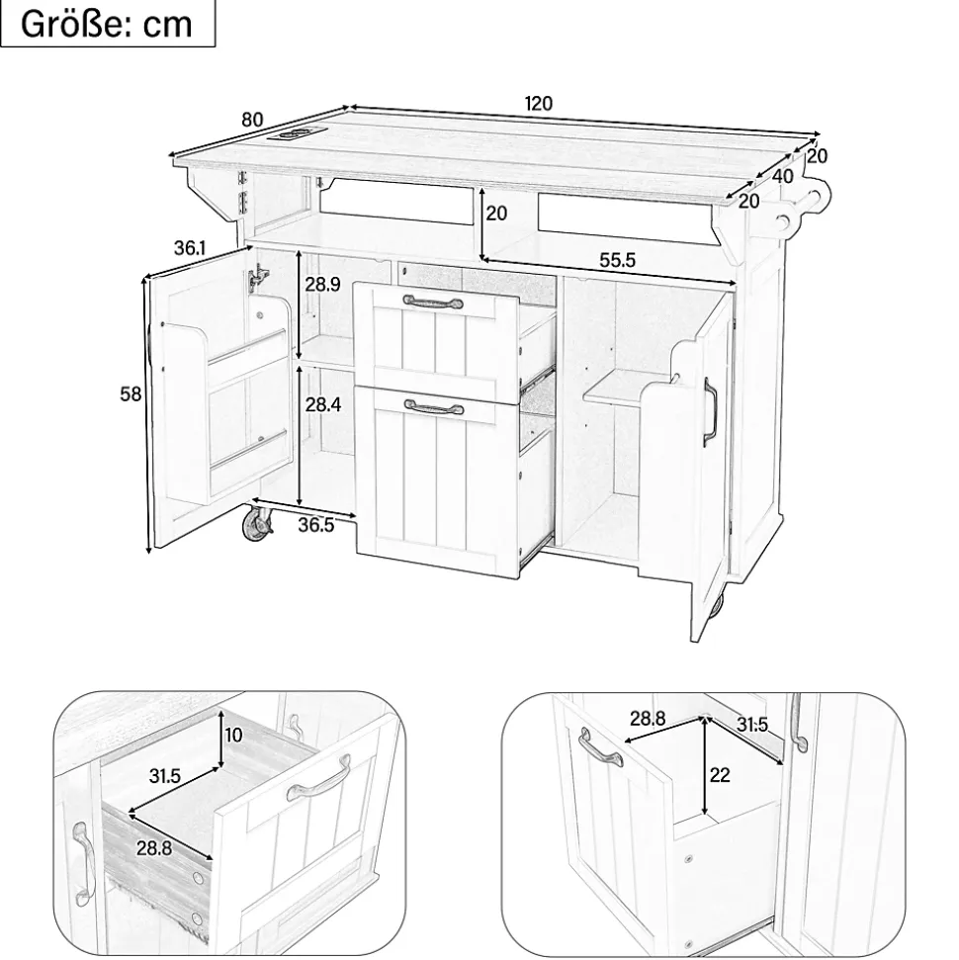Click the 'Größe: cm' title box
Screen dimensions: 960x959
coord(107,24)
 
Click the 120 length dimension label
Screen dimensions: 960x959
coord(538,103)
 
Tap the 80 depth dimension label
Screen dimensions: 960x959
coord(253,120)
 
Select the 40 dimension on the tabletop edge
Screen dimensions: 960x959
coord(783,176)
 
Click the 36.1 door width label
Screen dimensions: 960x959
coord(190,248)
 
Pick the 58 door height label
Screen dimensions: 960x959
coord(131,393)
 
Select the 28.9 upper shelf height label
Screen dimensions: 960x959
coord(322,285)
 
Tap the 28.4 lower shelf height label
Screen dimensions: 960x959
coord(322,405)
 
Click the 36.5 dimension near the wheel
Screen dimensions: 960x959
coord(315,525)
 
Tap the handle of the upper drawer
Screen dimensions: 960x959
coord(432,300)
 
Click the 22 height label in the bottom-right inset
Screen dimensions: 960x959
coord(719,775)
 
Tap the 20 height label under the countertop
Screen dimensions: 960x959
coord(496,213)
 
